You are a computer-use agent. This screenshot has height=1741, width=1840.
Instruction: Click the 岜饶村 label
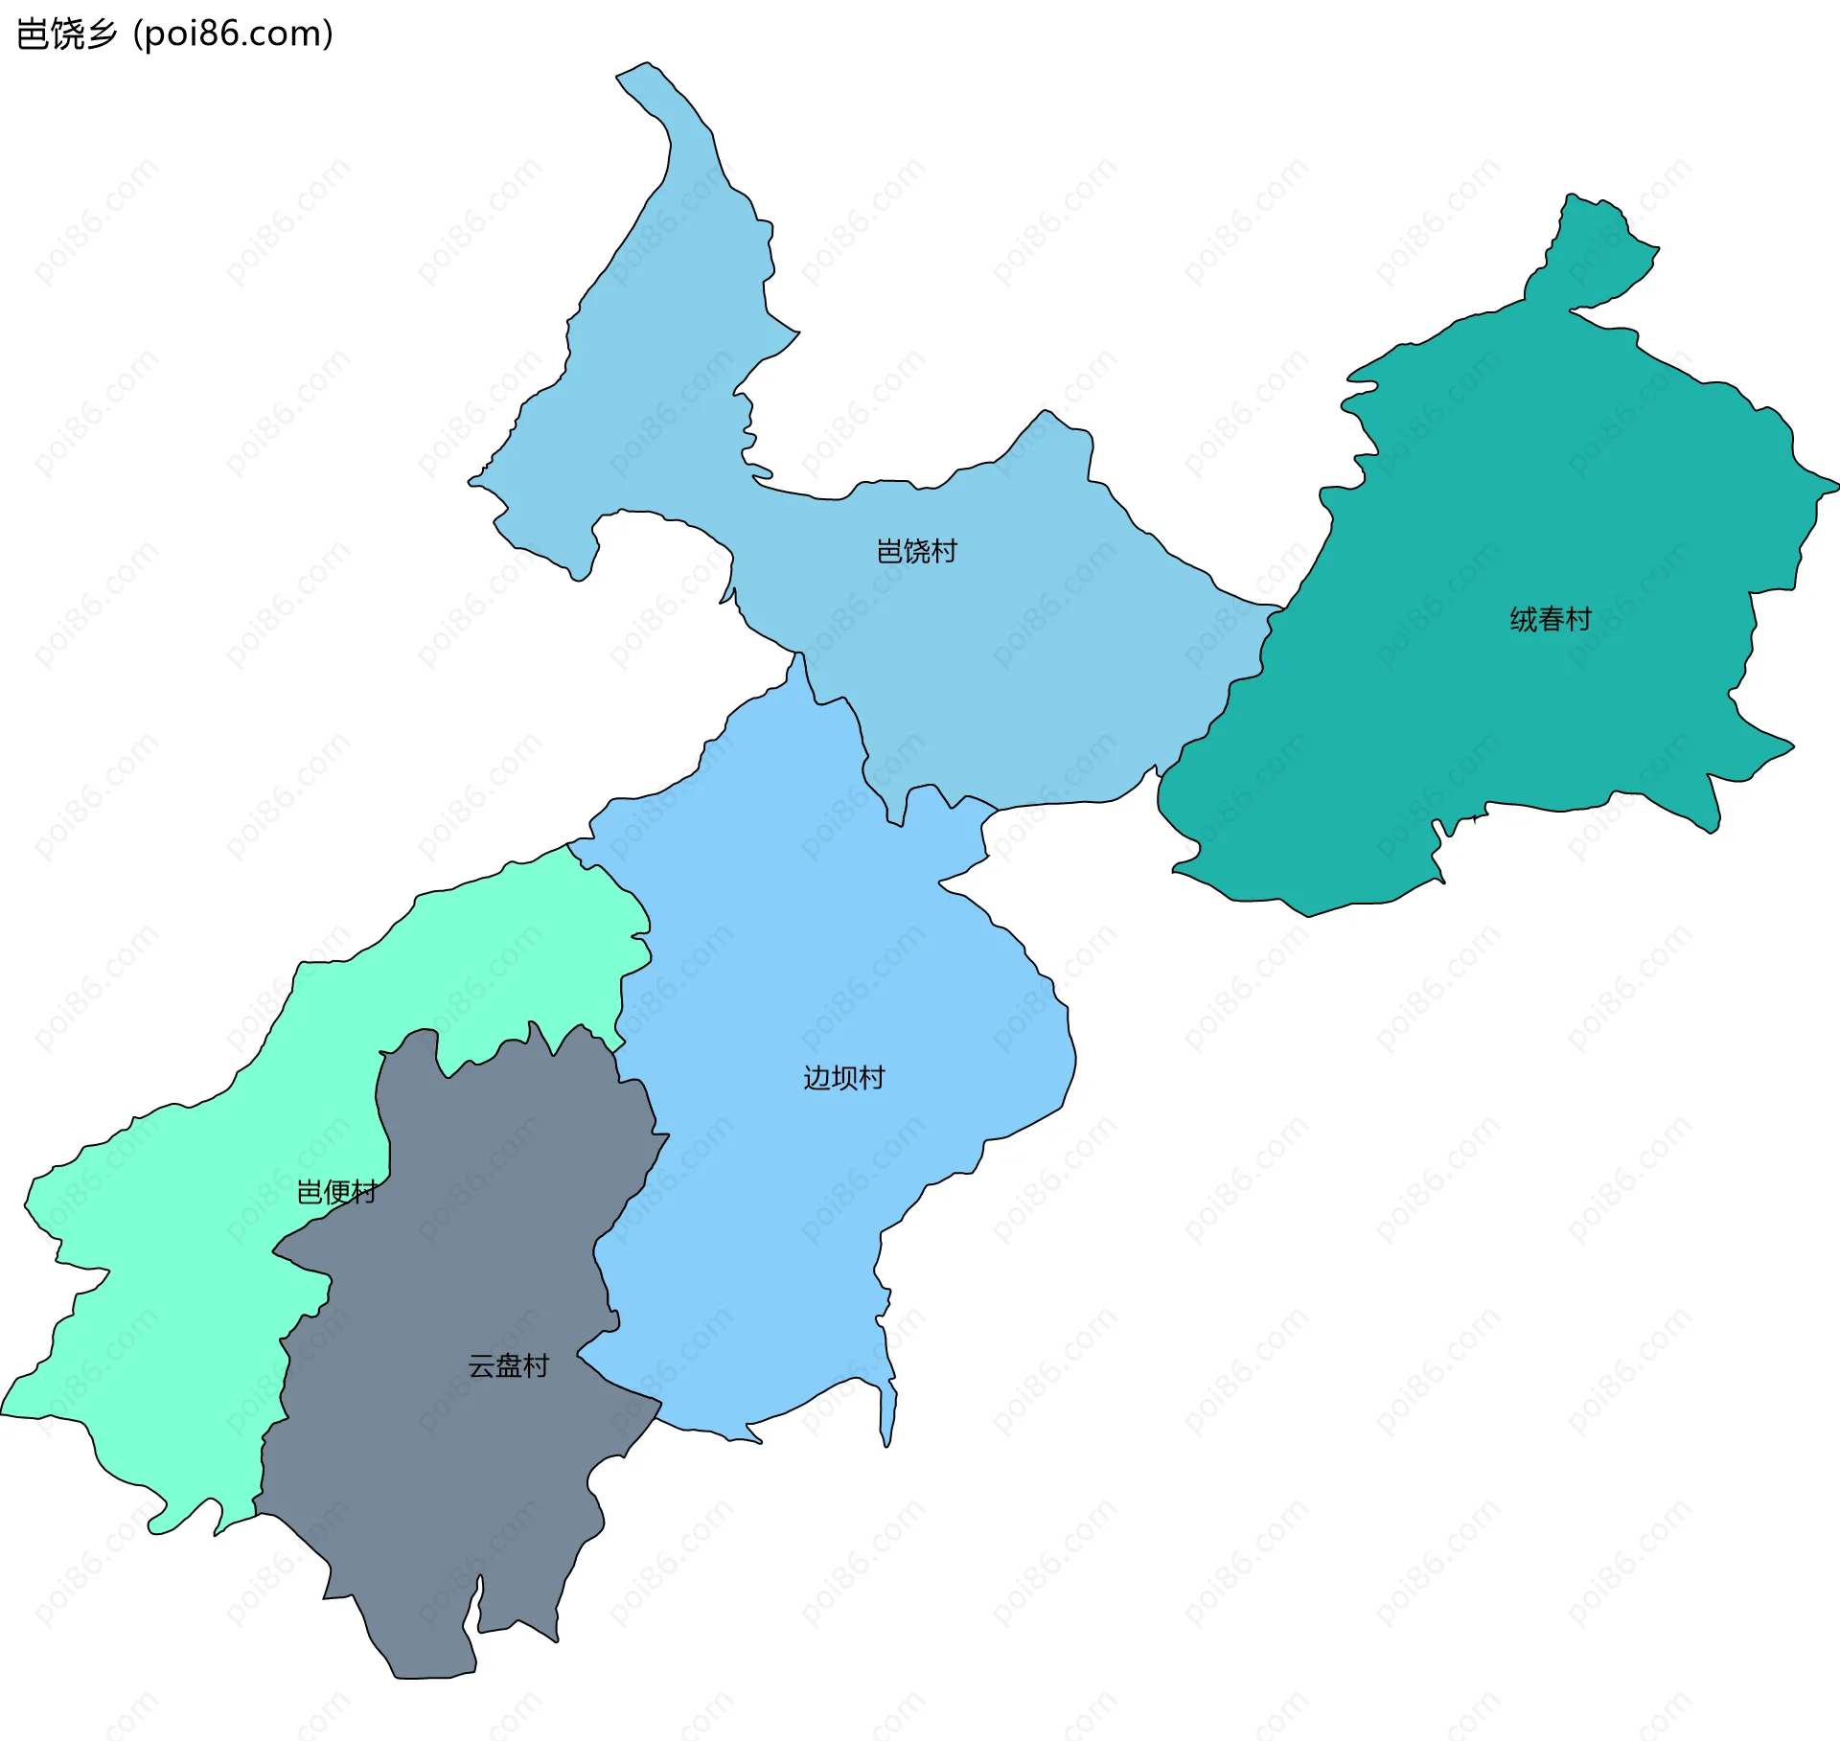coord(916,551)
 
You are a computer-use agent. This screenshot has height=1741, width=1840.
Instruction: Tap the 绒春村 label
coord(1550,619)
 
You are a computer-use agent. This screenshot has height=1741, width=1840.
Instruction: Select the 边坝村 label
coord(843,1078)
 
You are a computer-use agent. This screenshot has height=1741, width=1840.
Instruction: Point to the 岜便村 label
coord(336,1192)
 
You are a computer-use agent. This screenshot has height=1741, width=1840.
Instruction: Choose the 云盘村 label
coord(508,1365)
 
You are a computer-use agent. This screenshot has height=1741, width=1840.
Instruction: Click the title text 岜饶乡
coord(67,34)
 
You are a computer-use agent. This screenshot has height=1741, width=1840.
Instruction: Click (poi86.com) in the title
coord(233,34)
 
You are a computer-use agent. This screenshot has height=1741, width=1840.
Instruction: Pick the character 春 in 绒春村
coord(1551,619)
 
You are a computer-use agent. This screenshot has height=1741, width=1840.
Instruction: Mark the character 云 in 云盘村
coord(481,1365)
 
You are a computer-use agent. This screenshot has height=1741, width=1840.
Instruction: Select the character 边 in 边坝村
coord(816,1078)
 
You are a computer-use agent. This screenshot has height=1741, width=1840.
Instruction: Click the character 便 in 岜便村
coord(336,1192)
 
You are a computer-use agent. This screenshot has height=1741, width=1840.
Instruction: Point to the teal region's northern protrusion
coord(1591,249)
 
